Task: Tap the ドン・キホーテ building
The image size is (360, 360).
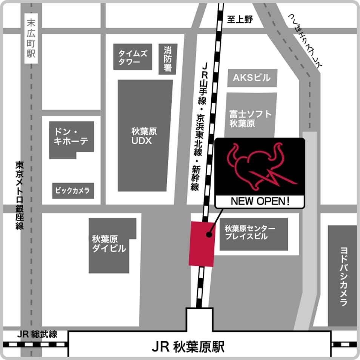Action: [x=71, y=137]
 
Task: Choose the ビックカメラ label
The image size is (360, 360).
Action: [x=73, y=191]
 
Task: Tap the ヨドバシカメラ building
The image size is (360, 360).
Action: [x=342, y=276]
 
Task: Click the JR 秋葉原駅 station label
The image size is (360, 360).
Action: [x=188, y=346]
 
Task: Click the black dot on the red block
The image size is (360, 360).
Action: [x=208, y=235]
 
